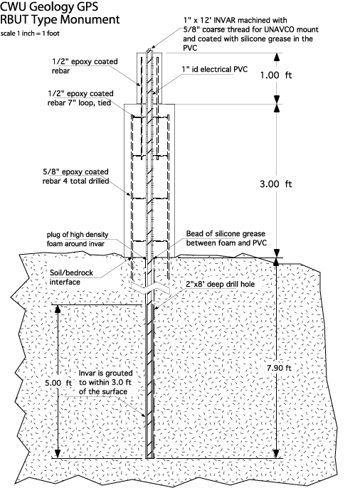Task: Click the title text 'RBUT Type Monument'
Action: coord(60,20)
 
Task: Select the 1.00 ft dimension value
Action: coord(276,75)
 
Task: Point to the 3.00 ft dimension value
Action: coord(276,184)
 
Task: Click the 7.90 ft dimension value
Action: coord(279,368)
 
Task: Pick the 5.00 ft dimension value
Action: coord(58,383)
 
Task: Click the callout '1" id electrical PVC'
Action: coord(215,70)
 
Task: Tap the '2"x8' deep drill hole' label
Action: coord(221,284)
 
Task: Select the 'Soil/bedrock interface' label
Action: coord(71,277)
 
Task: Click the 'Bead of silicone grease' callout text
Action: coord(226,234)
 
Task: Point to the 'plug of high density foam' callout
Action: coord(78,239)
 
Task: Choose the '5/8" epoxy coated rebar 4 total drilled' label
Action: coord(75,176)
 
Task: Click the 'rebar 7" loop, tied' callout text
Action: coord(79,102)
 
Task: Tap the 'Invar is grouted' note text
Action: coord(105,373)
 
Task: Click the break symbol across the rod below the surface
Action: coord(150,287)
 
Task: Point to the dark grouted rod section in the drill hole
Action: coord(150,381)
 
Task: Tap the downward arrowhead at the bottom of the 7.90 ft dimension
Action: coord(276,453)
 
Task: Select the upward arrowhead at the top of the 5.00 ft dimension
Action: coord(57,309)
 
